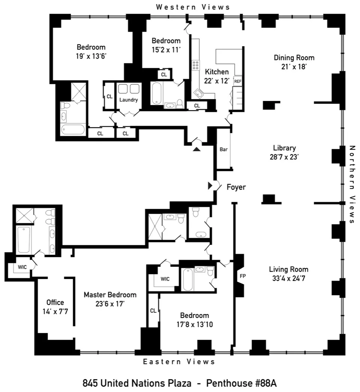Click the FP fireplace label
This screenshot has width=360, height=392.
tap(242, 276)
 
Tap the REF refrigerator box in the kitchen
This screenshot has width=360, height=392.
tap(237, 81)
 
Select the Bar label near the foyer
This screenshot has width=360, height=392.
tap(223, 149)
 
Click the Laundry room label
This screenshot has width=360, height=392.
tap(129, 100)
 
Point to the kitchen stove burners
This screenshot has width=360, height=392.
tap(195, 65)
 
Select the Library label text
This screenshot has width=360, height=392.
tap(284, 148)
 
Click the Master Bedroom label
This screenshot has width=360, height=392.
tap(110, 295)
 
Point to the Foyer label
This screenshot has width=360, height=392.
tap(236, 187)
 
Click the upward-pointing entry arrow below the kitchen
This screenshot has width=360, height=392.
tap(197, 149)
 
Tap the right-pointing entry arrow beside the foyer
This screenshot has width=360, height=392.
tap(210, 185)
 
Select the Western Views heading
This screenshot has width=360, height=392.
tap(193, 7)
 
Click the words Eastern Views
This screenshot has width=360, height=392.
tap(179, 362)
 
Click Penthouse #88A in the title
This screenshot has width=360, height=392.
tap(241, 383)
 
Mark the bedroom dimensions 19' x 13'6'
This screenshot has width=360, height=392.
tap(91, 56)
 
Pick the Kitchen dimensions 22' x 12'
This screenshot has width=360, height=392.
tap(216, 80)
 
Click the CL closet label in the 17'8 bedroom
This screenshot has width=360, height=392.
tap(153, 311)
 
